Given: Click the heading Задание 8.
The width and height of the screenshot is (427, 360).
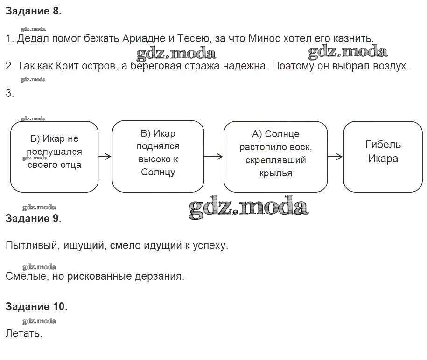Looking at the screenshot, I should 33,12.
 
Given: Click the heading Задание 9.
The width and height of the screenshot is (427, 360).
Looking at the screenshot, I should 33,218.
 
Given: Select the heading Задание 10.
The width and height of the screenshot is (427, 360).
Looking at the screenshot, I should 36,306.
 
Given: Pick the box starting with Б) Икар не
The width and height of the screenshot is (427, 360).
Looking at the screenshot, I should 54,156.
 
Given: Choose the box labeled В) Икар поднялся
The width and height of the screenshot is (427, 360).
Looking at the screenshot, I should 158,156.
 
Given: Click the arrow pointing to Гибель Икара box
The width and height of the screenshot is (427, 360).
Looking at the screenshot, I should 335,157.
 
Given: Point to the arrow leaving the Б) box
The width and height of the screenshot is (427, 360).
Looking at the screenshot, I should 105,157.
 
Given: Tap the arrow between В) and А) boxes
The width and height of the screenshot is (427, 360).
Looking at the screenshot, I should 214,157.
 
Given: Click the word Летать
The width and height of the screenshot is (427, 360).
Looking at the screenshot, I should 24,334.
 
